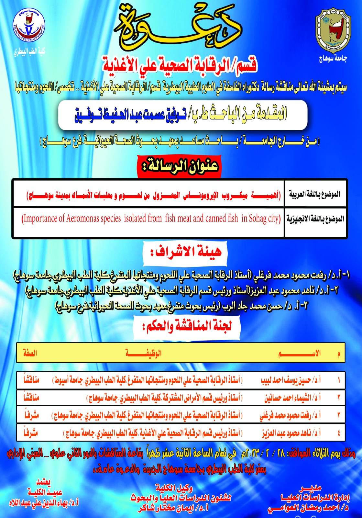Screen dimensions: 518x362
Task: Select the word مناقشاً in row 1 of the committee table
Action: pos(31,379)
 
